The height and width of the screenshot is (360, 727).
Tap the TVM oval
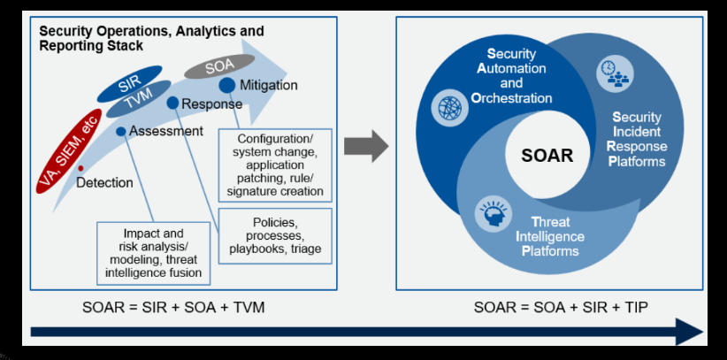click(x=139, y=104)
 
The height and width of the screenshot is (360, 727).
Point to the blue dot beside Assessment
click(x=120, y=131)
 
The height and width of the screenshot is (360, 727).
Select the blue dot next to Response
click(x=172, y=103)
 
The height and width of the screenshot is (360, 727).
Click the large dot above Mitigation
click(x=226, y=85)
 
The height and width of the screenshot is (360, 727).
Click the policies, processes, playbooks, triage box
click(x=274, y=234)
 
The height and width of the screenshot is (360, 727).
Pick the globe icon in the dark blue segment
click(x=448, y=107)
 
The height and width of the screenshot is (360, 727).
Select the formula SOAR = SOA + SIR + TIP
click(x=547, y=307)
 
